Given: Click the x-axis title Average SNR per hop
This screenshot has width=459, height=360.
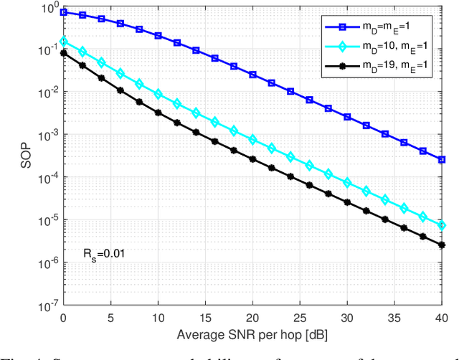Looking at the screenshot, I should click(x=252, y=335).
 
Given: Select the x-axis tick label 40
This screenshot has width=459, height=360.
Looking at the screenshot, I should click(x=442, y=318).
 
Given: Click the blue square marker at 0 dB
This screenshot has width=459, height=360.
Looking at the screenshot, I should click(x=64, y=12).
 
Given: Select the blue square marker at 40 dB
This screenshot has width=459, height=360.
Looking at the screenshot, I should click(x=442, y=159).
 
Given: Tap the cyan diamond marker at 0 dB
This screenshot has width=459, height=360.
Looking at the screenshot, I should click(x=64, y=42).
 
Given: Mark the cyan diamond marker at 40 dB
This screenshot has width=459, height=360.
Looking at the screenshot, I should click(x=442, y=225).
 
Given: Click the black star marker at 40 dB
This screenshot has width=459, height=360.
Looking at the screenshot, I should click(x=442, y=245).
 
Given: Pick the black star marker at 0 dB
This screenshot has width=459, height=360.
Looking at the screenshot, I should click(x=64, y=52).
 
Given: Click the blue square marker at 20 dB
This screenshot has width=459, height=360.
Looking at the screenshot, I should click(x=252, y=74).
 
